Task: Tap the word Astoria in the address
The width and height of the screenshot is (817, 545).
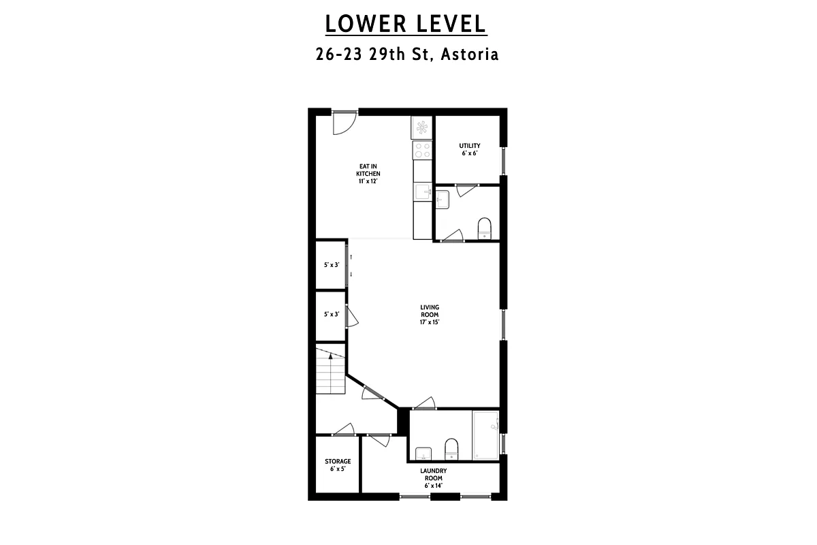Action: point(470,54)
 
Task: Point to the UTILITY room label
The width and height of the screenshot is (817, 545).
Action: point(469,149)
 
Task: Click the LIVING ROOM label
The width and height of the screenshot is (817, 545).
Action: point(429,315)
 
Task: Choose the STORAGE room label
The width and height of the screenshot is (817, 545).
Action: point(338,465)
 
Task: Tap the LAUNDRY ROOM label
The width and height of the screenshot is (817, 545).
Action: point(433,478)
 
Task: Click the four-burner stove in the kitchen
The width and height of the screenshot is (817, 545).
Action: point(422,150)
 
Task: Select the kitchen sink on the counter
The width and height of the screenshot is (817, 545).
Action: point(422,193)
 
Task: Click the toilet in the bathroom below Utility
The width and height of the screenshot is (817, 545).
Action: point(484,228)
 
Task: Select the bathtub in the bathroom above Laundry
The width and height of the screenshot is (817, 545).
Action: point(485,435)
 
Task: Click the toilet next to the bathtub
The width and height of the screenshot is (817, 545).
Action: point(451,448)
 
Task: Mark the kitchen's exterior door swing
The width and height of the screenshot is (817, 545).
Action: point(343,123)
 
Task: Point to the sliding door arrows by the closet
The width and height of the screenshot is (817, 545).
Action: point(351,265)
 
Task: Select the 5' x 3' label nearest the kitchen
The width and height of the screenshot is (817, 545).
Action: point(331,265)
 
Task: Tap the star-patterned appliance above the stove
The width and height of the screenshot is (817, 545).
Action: point(422,127)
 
